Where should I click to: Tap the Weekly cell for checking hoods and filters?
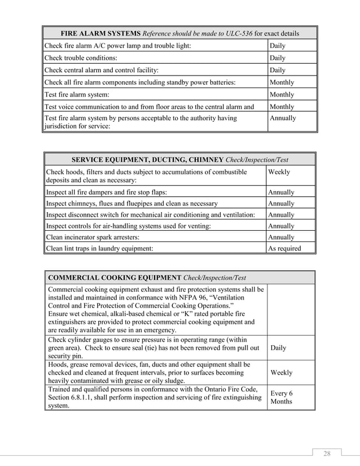pos(280,172)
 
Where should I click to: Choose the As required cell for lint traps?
pos(284,248)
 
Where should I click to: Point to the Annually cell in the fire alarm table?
pos(283,118)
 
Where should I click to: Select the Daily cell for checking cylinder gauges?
pos(278,348)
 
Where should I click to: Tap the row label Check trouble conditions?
pos(82,58)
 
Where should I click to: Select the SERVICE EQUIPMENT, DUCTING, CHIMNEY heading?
pos(144,160)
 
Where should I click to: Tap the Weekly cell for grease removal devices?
pos(282,373)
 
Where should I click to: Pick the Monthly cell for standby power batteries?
pos(282,82)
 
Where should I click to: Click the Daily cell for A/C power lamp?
pos(278,46)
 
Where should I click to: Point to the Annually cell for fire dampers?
pos(281,192)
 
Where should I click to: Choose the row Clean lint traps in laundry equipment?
pos(99,248)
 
